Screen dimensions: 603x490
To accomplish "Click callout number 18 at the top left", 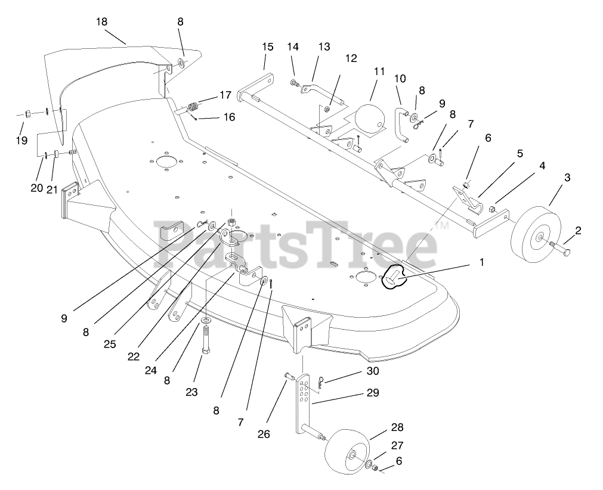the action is click(101, 21).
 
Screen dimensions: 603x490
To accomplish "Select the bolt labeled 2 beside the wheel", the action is click(562, 246).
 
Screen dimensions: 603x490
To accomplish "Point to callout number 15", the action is click(267, 46).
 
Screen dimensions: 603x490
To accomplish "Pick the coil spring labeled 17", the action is click(193, 107).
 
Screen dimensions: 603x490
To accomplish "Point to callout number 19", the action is click(21, 141).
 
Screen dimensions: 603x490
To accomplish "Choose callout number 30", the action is click(372, 371).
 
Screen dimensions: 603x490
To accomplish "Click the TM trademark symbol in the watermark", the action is click(442, 226).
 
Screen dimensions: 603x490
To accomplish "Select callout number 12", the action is click(351, 58).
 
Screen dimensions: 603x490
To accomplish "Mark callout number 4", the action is click(542, 166).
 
